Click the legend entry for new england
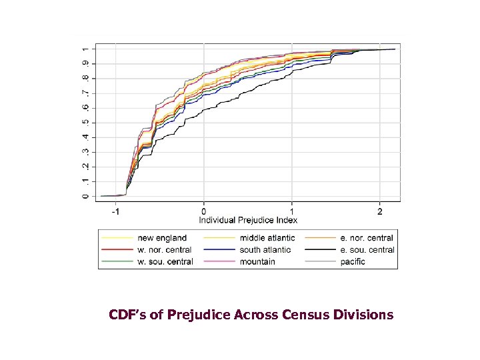point(162,238)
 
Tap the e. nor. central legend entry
point(366,238)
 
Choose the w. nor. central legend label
point(164,250)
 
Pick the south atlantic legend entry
point(265,250)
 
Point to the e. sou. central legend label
point(367,250)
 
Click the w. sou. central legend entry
point(165,262)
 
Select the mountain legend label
point(257,262)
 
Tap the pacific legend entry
point(352,262)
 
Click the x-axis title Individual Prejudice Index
point(248,219)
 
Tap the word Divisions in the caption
point(366,314)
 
